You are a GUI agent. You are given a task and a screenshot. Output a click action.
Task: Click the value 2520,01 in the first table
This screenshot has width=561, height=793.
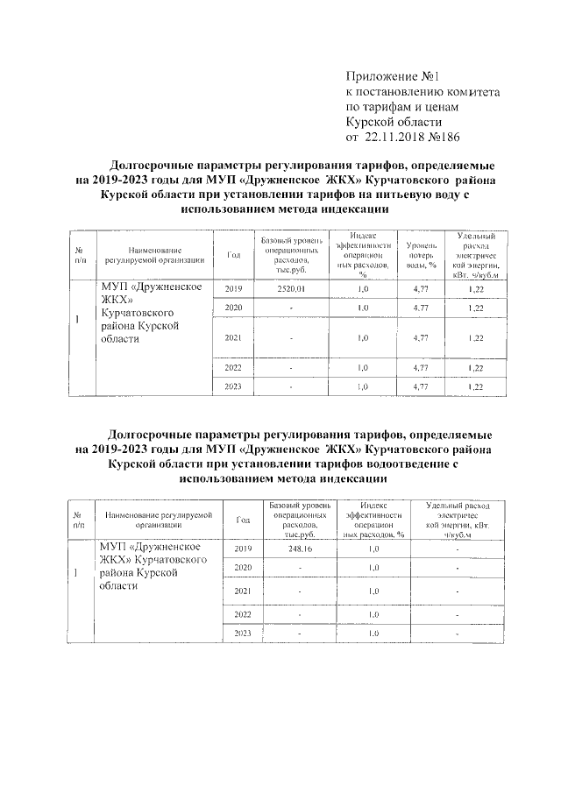point(289,289)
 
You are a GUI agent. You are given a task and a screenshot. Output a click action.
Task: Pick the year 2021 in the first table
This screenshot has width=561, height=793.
point(233,337)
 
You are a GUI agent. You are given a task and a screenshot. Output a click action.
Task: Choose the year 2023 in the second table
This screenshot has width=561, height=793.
point(244,633)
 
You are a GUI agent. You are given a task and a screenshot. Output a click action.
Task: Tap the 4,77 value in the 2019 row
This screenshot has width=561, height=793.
point(420,289)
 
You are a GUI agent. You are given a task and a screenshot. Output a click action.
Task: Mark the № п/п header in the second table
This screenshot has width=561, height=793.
point(78,519)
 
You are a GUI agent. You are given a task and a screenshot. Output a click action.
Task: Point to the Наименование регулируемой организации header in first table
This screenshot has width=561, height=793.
point(154,254)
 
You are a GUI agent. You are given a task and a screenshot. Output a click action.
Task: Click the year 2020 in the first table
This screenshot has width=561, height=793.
point(233,308)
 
